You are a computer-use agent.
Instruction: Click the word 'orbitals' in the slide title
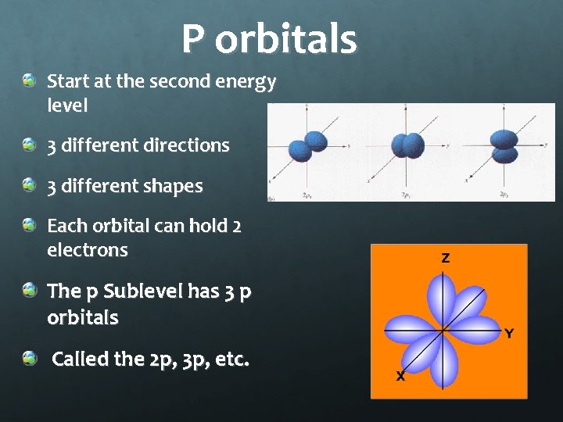click(x=285, y=39)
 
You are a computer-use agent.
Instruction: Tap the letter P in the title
click(x=194, y=39)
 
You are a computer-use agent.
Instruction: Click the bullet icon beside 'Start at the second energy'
click(x=29, y=80)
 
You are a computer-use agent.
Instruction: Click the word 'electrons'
click(x=87, y=250)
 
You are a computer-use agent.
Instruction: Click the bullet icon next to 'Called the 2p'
click(x=29, y=358)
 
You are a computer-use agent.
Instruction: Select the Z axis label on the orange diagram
click(x=445, y=258)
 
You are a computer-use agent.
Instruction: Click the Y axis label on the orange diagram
click(x=509, y=334)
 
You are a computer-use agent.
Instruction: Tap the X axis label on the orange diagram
click(x=400, y=377)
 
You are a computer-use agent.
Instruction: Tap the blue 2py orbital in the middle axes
click(x=409, y=145)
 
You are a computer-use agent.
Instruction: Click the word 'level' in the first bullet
click(x=67, y=104)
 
